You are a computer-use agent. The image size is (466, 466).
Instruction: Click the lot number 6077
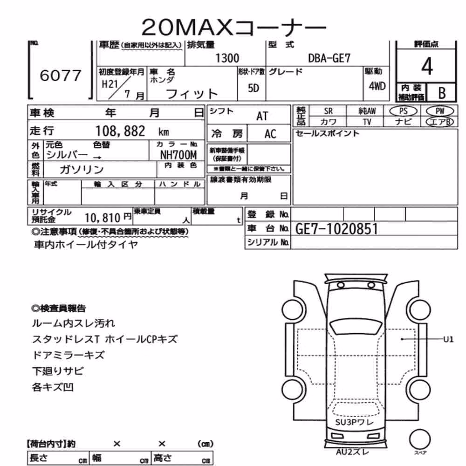tap(60, 75)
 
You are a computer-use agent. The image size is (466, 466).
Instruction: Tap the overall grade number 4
tap(427, 66)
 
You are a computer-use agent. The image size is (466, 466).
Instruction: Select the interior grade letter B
tap(442, 93)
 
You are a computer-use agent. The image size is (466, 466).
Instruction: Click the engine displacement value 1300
tap(227, 58)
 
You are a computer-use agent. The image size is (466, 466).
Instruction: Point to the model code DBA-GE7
tap(329, 58)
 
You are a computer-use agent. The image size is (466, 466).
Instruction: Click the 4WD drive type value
tap(377, 86)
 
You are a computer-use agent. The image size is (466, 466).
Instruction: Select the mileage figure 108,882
tap(120, 131)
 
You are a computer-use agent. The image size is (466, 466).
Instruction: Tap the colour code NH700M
tap(178, 155)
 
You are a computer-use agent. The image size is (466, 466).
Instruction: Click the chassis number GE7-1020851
tap(337, 229)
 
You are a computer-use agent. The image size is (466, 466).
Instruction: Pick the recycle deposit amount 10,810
tap(102, 218)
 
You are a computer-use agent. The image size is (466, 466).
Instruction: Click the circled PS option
tap(403, 111)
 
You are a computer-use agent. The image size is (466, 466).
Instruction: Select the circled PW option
tap(440, 111)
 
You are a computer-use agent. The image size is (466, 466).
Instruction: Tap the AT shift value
tap(262, 116)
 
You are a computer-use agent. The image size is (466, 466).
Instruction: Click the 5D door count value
tap(254, 88)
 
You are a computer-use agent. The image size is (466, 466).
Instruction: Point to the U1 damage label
tap(448, 339)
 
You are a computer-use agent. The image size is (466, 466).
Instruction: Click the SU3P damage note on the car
tap(346, 422)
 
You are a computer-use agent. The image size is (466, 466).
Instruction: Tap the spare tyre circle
tap(420, 439)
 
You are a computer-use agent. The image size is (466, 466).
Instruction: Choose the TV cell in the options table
tap(367, 122)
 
